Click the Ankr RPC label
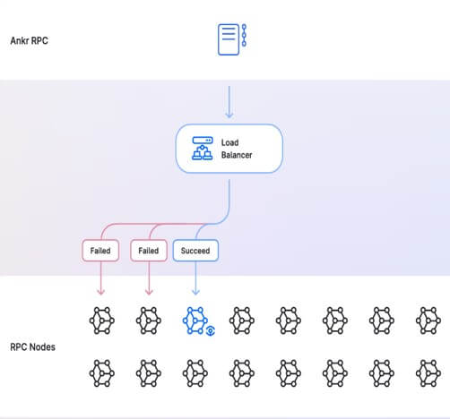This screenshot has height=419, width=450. (x=30, y=40)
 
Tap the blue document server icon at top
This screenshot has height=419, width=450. (x=232, y=39)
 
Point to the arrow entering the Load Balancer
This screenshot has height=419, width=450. (x=229, y=102)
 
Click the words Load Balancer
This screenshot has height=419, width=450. (x=237, y=149)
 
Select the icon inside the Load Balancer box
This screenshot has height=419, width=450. (x=203, y=149)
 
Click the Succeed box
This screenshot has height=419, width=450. (x=195, y=251)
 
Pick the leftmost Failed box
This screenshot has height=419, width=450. (x=100, y=251)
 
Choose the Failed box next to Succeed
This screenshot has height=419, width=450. (x=149, y=251)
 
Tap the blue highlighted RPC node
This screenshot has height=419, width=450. (x=195, y=321)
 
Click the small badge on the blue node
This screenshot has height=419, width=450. (x=211, y=330)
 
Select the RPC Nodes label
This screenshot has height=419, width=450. (x=32, y=347)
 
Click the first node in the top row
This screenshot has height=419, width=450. (x=102, y=321)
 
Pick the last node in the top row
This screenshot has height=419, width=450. (x=428, y=321)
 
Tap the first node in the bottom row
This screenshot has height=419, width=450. (x=102, y=373)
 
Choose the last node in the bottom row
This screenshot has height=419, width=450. (x=428, y=373)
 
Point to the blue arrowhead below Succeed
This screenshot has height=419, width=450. (x=195, y=292)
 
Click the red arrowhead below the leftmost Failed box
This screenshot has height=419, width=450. (x=101, y=292)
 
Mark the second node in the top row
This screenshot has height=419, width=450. (x=149, y=321)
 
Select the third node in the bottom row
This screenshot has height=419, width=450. (x=195, y=373)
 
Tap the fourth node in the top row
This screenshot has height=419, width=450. (x=242, y=321)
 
